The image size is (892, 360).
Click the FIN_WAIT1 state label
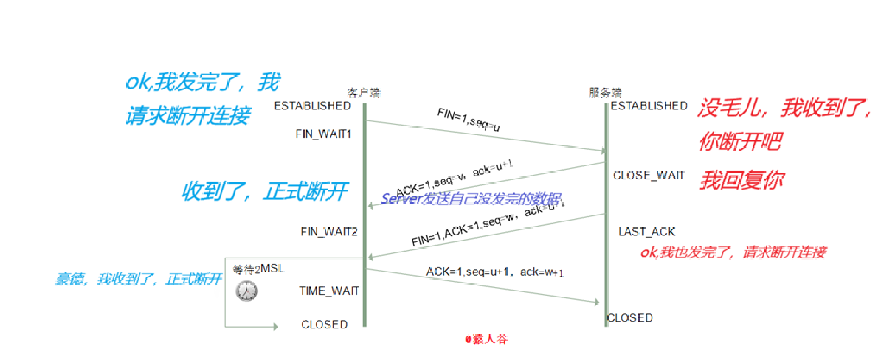(323, 134)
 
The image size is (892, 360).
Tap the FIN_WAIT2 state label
(329, 231)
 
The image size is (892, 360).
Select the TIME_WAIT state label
(329, 291)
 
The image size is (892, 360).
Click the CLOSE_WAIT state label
(648, 175)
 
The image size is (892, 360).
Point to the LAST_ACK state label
(646, 231)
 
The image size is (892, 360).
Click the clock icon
(246, 291)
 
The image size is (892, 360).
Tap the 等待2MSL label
(258, 269)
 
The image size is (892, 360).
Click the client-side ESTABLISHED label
(312, 106)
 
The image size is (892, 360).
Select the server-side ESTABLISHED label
(648, 106)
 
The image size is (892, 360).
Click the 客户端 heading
(363, 93)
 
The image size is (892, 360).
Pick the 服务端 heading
(605, 93)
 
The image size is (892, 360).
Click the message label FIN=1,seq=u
(468, 120)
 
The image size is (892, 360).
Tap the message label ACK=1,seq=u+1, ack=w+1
(494, 272)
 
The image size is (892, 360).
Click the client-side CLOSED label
(324, 324)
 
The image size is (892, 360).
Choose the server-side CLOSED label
(630, 318)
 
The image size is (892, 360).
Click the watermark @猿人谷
(486, 339)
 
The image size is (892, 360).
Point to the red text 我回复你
(742, 180)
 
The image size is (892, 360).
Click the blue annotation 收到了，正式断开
(265, 191)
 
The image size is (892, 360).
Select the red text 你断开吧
(740, 142)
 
